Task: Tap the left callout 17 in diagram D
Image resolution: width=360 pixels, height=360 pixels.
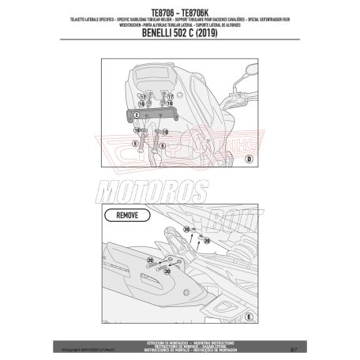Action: (x=142, y=96)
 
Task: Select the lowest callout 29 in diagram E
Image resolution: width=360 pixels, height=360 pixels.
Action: (x=166, y=271)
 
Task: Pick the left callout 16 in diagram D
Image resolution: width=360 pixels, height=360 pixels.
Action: (x=142, y=103)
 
